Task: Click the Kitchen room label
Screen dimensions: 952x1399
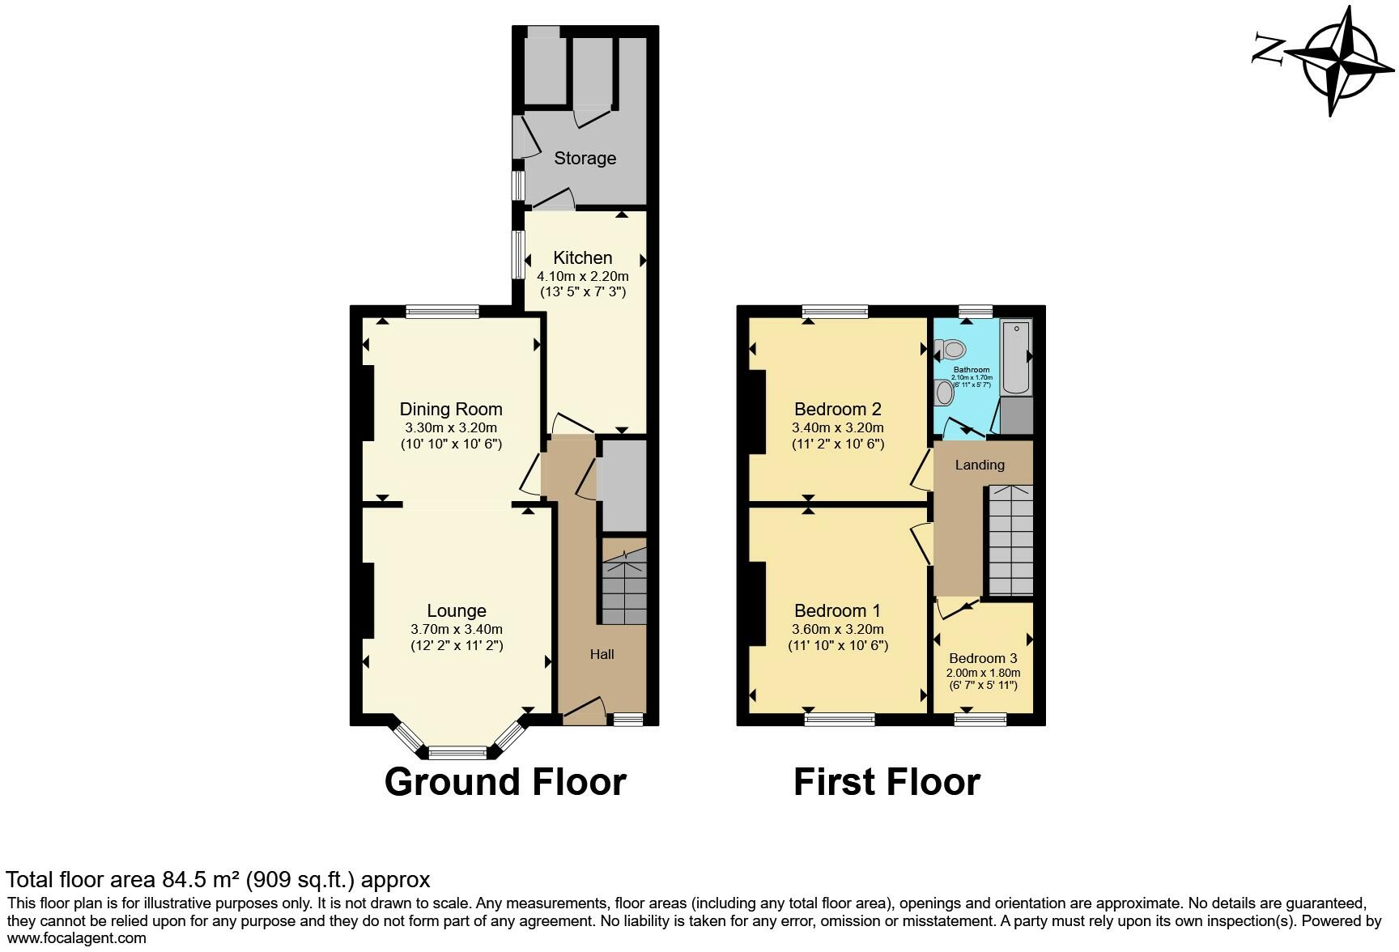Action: pyautogui.click(x=582, y=258)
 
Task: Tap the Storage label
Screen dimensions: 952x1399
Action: pyautogui.click(x=585, y=158)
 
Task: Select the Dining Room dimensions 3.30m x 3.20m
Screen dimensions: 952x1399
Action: pyautogui.click(x=451, y=428)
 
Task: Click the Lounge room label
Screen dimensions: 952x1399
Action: pyautogui.click(x=457, y=611)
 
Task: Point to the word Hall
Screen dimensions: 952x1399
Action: pyautogui.click(x=602, y=654)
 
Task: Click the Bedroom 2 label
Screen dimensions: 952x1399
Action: pyautogui.click(x=837, y=409)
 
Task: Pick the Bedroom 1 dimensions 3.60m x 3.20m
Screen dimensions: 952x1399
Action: pyautogui.click(x=837, y=629)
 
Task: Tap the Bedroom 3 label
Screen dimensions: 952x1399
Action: pyautogui.click(x=983, y=658)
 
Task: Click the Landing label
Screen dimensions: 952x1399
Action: pyautogui.click(x=980, y=465)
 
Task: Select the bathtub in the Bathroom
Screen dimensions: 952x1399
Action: pyautogui.click(x=1016, y=356)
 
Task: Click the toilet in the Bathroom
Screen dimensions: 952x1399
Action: pyautogui.click(x=950, y=350)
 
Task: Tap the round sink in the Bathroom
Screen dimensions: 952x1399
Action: pyautogui.click(x=944, y=393)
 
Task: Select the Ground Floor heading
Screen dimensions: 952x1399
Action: pyautogui.click(x=505, y=782)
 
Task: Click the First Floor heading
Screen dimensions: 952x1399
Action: pyautogui.click(x=887, y=782)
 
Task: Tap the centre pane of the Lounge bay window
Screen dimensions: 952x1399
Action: pyautogui.click(x=457, y=753)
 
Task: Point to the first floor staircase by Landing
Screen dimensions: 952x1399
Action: pyautogui.click(x=1010, y=540)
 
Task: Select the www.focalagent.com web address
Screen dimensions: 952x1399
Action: pyautogui.click(x=77, y=938)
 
